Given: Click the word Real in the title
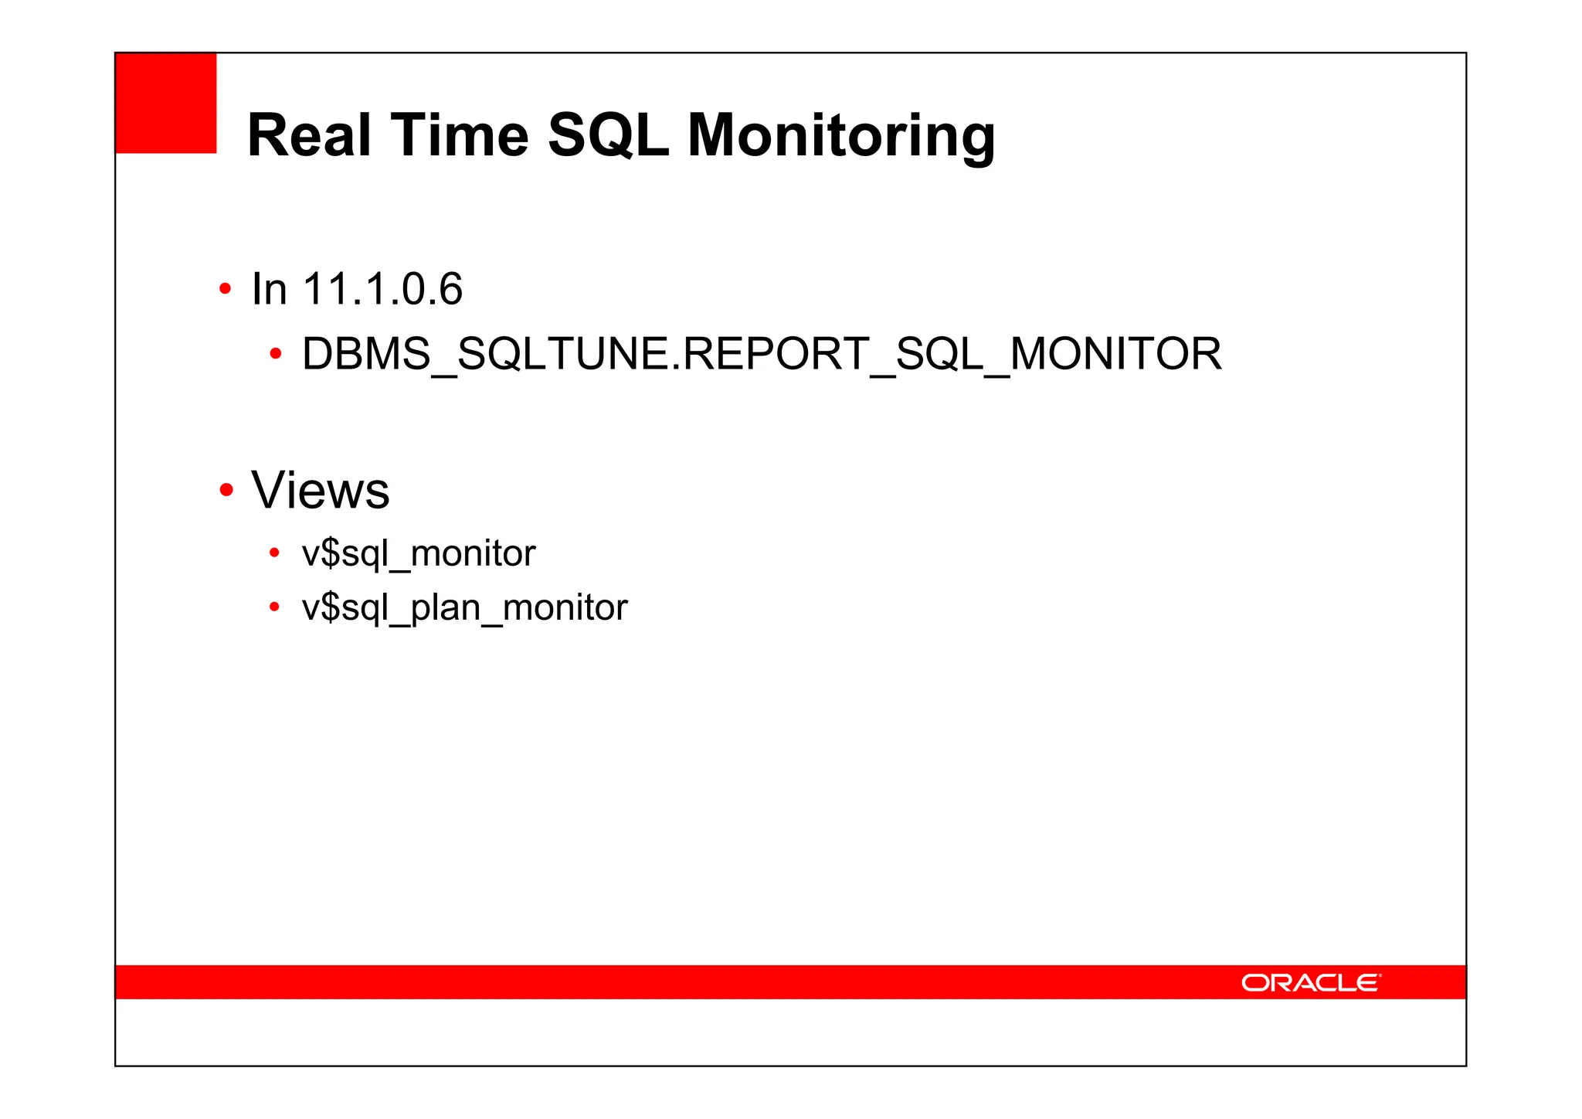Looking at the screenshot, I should pyautogui.click(x=310, y=135).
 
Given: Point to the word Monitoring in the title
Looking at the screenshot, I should pyautogui.click(x=840, y=137).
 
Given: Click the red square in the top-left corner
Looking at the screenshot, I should pyautogui.click(x=166, y=103).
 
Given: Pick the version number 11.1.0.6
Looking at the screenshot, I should pyautogui.click(x=382, y=289).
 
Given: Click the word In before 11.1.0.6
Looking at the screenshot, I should pyautogui.click(x=269, y=289).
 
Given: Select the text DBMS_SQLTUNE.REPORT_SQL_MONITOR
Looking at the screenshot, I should pyautogui.click(x=761, y=354).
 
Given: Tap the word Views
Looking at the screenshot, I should pyautogui.click(x=321, y=490).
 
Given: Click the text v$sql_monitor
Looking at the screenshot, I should pyautogui.click(x=418, y=553).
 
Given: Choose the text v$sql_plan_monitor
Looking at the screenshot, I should pyautogui.click(x=464, y=607).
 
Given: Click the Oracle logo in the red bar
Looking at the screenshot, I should pyautogui.click(x=1311, y=982).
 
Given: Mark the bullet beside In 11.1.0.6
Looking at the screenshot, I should pyautogui.click(x=225, y=290).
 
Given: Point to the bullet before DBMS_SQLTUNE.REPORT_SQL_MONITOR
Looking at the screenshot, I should pyautogui.click(x=275, y=355).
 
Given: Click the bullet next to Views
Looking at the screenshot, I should pyautogui.click(x=226, y=490).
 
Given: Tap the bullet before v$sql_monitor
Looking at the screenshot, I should pyautogui.click(x=274, y=553).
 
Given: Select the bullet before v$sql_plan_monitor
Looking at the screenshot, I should pyautogui.click(x=274, y=607).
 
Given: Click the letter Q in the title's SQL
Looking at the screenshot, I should pyautogui.click(x=609, y=135).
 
